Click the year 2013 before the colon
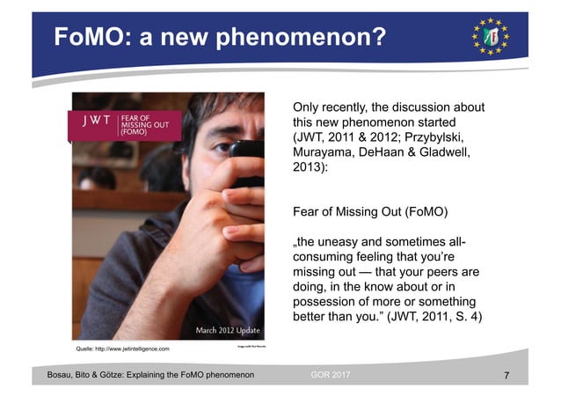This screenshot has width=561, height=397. coord(308,171)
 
